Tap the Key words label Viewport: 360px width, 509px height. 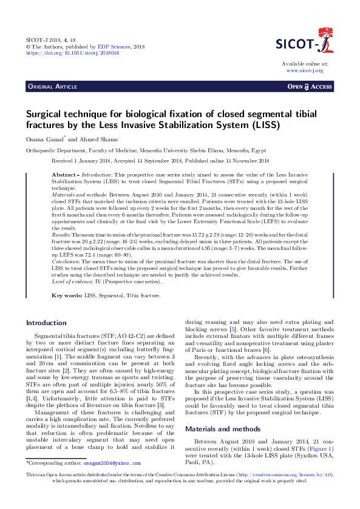(67, 295)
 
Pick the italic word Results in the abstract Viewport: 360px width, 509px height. (61, 234)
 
